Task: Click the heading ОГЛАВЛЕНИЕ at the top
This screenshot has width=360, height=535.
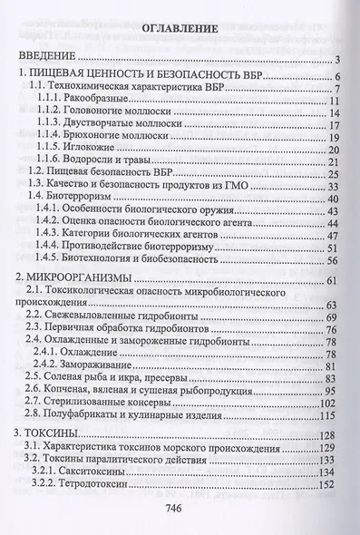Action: pyautogui.click(x=180, y=29)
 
